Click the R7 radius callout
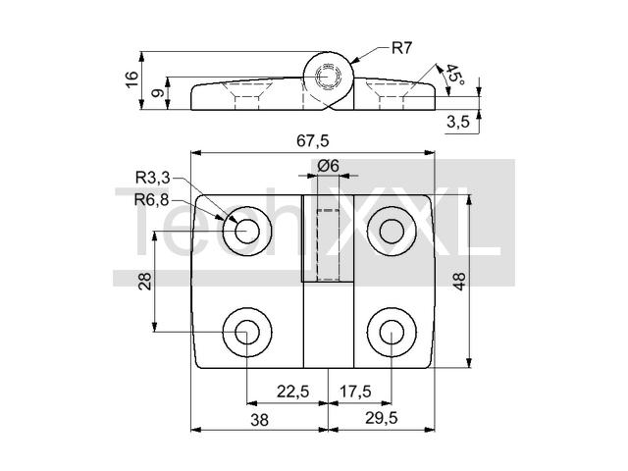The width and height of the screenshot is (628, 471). [x=401, y=48]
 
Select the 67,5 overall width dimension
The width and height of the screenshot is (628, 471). [x=313, y=140]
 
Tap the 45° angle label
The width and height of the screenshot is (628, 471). [x=455, y=75]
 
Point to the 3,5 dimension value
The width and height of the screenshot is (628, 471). [x=458, y=122]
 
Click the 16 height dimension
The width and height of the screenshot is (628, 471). [x=131, y=79]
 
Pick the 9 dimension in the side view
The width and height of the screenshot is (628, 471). [x=158, y=93]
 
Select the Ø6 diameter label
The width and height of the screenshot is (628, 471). [x=328, y=165]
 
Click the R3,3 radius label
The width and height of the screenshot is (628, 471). [x=153, y=177]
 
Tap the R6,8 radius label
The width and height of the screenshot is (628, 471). [x=151, y=199]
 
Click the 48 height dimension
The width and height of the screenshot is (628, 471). [x=459, y=281]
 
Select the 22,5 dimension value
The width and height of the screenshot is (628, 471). [x=292, y=391]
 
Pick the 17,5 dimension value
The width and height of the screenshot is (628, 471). [x=355, y=391]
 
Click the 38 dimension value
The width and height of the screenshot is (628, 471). [x=259, y=420]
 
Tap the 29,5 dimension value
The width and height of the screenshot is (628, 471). [x=382, y=418]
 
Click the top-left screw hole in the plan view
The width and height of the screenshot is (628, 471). [x=247, y=232]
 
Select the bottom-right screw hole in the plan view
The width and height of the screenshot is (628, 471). [x=392, y=332]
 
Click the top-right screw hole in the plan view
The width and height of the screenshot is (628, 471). [x=392, y=232]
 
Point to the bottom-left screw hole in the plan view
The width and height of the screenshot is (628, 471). [x=247, y=332]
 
